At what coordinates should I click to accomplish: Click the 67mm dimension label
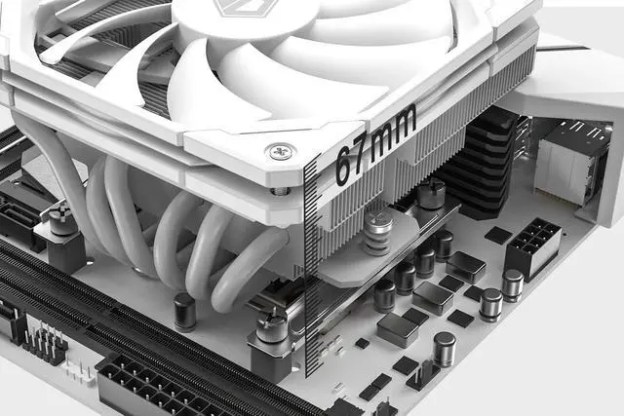pyautogui.click(x=374, y=143)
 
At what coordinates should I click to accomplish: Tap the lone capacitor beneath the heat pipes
pyautogui.click(x=184, y=311)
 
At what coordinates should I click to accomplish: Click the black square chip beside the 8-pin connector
pyautogui.click(x=497, y=235)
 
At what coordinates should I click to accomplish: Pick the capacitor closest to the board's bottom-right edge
pyautogui.click(x=444, y=348)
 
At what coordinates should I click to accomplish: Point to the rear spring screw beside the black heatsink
pyautogui.click(x=430, y=194)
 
